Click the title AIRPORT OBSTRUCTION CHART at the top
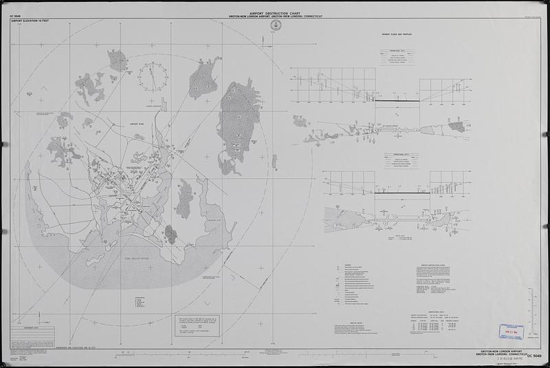(274, 12)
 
